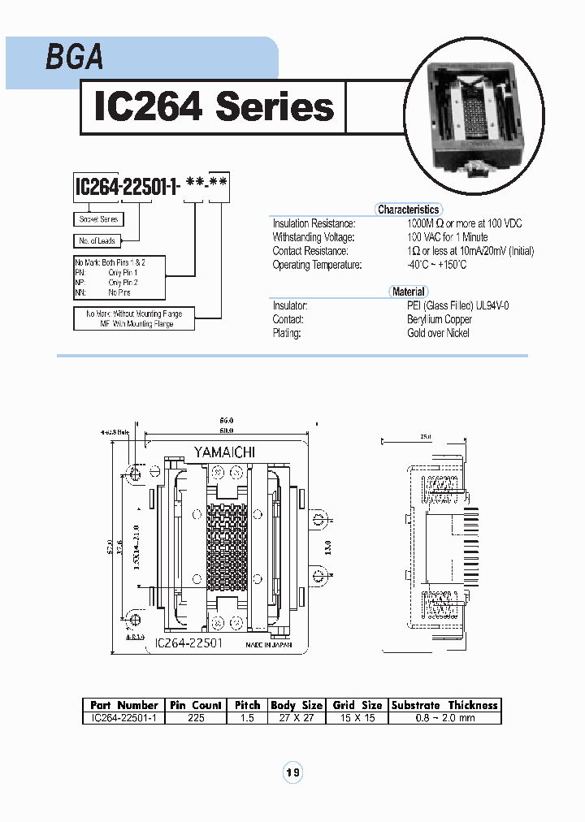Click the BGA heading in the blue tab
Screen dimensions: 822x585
pos(74,57)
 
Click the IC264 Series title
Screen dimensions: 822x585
pos(214,106)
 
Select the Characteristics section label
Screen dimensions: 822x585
pos(408,210)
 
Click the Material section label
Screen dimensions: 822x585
pos(408,292)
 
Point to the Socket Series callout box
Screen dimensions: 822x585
pos(98,219)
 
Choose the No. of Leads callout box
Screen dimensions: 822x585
pos(97,240)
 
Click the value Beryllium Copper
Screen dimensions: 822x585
pos(439,319)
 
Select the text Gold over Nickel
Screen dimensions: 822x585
pos(438,333)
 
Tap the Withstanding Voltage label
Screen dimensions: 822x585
pos(313,237)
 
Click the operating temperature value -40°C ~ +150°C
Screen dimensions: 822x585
pos(437,265)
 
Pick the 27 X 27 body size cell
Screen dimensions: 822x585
pos(297,718)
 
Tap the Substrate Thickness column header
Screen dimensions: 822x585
pos(444,705)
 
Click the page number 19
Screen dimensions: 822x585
pos(292,772)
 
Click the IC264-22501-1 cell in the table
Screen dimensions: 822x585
pos(123,718)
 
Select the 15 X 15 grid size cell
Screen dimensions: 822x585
pos(357,718)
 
